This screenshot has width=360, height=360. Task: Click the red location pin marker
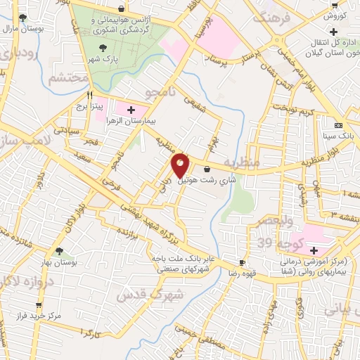(180, 165)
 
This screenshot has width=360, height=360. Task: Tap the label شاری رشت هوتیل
(205, 180)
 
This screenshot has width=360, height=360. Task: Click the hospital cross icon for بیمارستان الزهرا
(131, 110)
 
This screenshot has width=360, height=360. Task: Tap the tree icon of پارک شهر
(104, 48)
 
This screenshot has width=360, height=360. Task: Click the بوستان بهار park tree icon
(59, 250)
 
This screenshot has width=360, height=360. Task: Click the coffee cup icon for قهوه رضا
(243, 262)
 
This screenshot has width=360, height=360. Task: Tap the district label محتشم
(68, 78)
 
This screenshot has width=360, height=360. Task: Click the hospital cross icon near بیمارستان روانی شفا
(314, 250)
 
